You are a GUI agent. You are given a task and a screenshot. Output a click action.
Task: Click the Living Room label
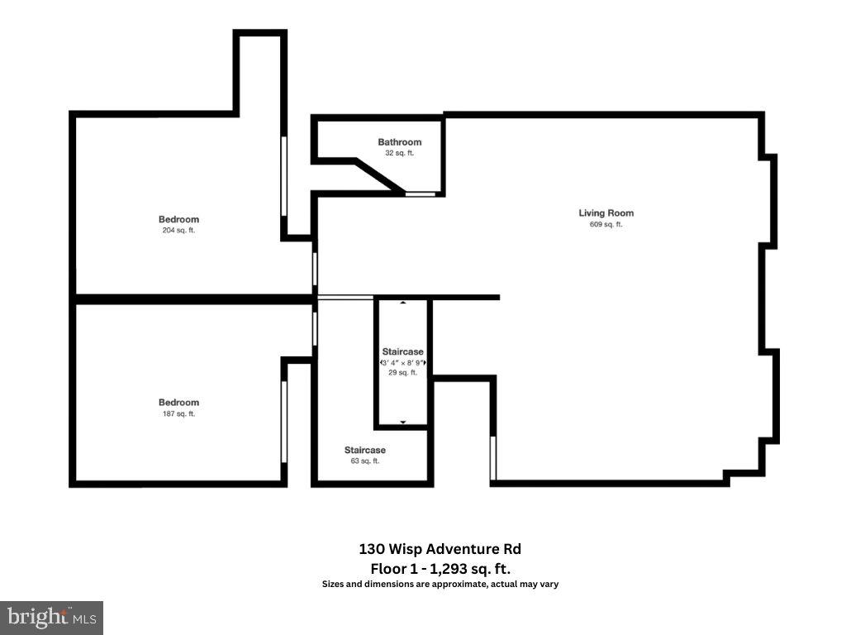606,213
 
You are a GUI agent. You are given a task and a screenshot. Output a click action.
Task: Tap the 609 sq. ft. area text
606,225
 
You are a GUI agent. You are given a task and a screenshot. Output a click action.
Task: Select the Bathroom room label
400,142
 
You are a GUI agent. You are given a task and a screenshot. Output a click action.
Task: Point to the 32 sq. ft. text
400,153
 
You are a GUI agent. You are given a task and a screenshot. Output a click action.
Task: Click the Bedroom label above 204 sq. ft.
178,219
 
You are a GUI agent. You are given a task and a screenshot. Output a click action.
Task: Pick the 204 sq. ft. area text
178,231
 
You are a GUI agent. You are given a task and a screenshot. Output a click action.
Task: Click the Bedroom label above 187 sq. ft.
178,403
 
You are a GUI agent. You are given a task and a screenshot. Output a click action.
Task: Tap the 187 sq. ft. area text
178,414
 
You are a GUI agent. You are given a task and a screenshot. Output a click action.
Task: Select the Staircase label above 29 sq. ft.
402,352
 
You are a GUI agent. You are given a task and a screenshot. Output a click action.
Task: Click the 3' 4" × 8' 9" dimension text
402,363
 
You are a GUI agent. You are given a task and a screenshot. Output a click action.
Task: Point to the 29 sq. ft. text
402,373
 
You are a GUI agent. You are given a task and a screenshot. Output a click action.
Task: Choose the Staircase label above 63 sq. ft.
365,450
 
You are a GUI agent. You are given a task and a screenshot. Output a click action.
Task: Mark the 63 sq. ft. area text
365,461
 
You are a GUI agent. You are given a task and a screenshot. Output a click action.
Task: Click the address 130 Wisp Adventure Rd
440,549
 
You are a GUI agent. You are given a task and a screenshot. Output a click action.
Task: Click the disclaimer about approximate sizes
440,585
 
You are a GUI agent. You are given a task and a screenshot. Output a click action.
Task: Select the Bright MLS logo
51,617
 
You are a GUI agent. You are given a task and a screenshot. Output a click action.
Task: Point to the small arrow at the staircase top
403,303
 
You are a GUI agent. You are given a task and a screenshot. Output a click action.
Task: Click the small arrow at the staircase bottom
403,423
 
